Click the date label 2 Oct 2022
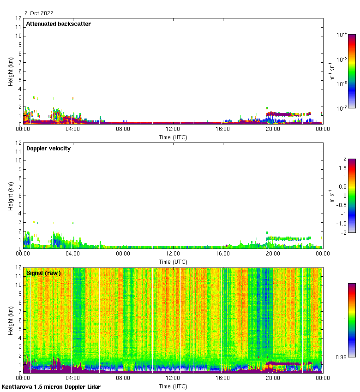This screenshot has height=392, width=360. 39,13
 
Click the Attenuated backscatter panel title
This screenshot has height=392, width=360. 58,24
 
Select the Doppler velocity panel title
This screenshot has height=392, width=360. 48,148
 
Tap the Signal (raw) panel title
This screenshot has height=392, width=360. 43,273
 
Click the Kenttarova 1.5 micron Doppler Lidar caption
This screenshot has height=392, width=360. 51,386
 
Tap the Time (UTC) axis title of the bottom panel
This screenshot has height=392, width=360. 173,386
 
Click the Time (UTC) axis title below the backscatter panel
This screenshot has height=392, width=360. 173,137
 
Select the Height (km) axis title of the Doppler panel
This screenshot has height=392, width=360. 11,196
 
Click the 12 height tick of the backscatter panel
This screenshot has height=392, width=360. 19,18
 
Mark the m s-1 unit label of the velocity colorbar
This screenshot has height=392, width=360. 331,196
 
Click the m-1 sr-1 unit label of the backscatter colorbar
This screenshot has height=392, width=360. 331,71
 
